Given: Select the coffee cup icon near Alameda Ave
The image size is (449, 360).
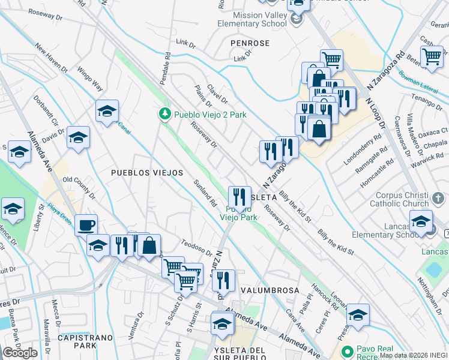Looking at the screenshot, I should pyautogui.click(x=86, y=224).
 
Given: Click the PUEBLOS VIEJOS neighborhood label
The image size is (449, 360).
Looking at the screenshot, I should pyautogui.click(x=147, y=173).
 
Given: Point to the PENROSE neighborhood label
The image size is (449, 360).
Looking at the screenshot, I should pyautogui.click(x=250, y=44).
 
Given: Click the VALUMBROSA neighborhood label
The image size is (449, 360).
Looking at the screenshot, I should pyautogui.click(x=270, y=290).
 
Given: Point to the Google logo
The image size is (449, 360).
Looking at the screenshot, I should pyautogui.click(x=20, y=353).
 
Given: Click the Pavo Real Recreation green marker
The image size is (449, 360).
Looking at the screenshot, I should pyautogui.click(x=345, y=352).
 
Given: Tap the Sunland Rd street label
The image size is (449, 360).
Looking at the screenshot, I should pyautogui.click(x=205, y=193).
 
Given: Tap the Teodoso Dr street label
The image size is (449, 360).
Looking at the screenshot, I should pyautogui.click(x=197, y=247).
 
